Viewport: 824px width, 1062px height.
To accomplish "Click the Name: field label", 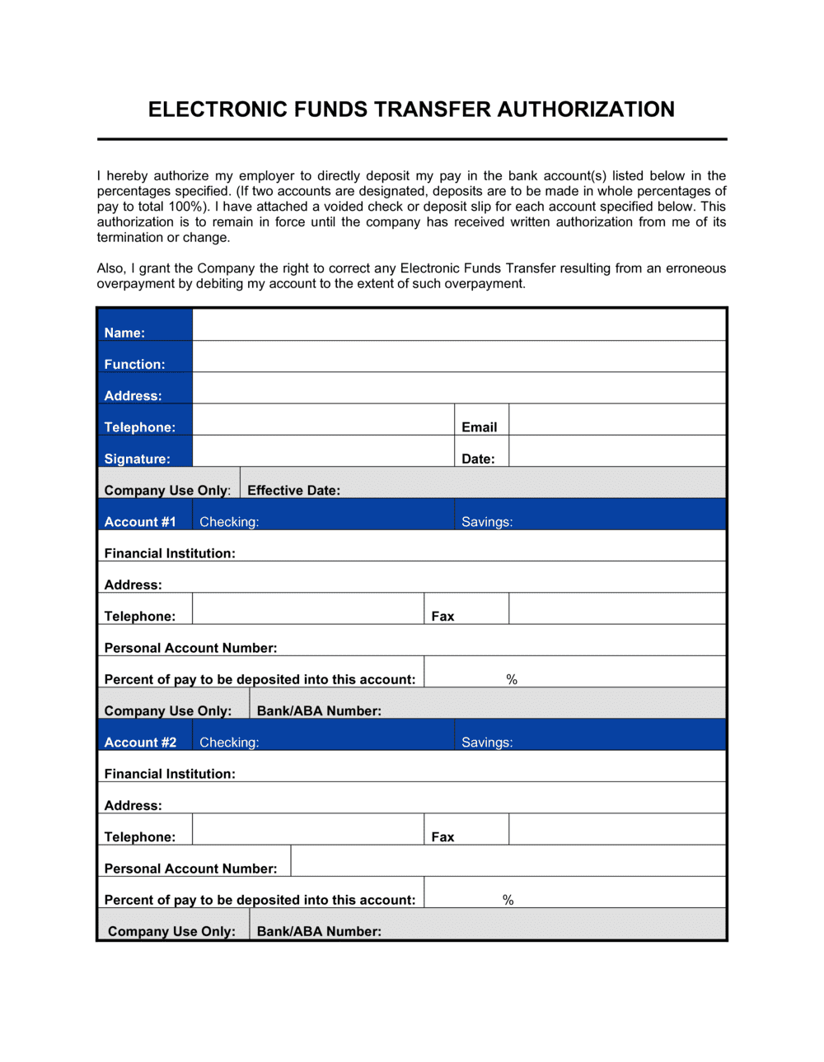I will tap(124, 333).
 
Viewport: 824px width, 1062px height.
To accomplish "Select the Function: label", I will tap(134, 364).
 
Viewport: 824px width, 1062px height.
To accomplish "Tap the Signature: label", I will tap(137, 459).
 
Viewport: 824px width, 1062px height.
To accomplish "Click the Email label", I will tap(479, 427).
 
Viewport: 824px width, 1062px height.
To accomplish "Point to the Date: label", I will tap(478, 459).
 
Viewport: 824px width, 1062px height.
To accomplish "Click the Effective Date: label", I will tap(293, 490).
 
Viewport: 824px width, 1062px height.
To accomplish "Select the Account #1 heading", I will tap(140, 522).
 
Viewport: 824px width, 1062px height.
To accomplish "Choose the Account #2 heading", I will tap(140, 743).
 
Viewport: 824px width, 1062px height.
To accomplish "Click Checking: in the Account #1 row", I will tap(229, 522).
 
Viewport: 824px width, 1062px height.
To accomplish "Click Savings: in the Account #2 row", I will tap(487, 743).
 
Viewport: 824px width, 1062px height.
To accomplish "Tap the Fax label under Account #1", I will tap(442, 617).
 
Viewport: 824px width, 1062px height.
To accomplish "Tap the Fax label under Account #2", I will tap(442, 837).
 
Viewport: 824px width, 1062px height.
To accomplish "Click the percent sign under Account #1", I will tap(512, 679).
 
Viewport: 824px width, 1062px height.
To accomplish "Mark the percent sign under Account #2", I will tap(508, 900).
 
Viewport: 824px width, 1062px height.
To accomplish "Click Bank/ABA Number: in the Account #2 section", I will tap(319, 931).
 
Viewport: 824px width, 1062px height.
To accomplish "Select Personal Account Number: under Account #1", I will tap(190, 648).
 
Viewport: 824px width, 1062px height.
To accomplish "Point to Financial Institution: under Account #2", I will tap(170, 774).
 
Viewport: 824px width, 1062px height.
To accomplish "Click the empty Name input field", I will tap(459, 325).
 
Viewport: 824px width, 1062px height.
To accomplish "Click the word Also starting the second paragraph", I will tap(111, 268).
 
